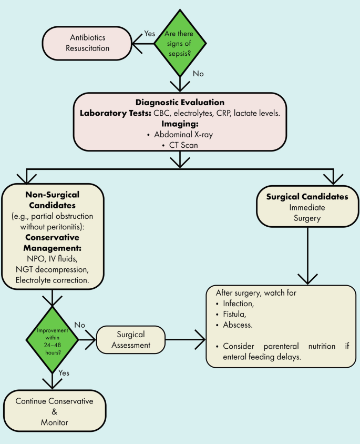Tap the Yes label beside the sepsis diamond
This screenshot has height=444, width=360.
pyautogui.click(x=150, y=33)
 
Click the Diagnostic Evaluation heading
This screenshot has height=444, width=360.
pyautogui.click(x=180, y=103)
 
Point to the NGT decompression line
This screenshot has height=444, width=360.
pyautogui.click(x=52, y=269)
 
